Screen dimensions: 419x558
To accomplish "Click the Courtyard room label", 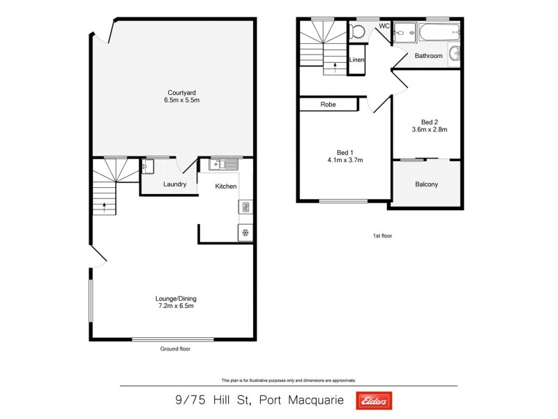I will coord(176,92).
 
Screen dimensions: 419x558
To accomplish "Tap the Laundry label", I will coord(174,184).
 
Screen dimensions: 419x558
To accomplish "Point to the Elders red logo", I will coord(374,400).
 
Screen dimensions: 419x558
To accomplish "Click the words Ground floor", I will coord(175,348).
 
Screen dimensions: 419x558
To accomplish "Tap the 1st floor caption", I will coord(382,236).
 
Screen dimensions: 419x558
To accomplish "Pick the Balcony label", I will coord(426,184).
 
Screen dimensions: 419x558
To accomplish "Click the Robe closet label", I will coord(328,105).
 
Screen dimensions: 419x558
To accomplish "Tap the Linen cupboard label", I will coord(356,60).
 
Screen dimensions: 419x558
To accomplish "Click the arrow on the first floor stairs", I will coord(335,67).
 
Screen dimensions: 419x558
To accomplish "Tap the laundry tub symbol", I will coord(147,166).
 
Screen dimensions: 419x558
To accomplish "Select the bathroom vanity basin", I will coord(454,54).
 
